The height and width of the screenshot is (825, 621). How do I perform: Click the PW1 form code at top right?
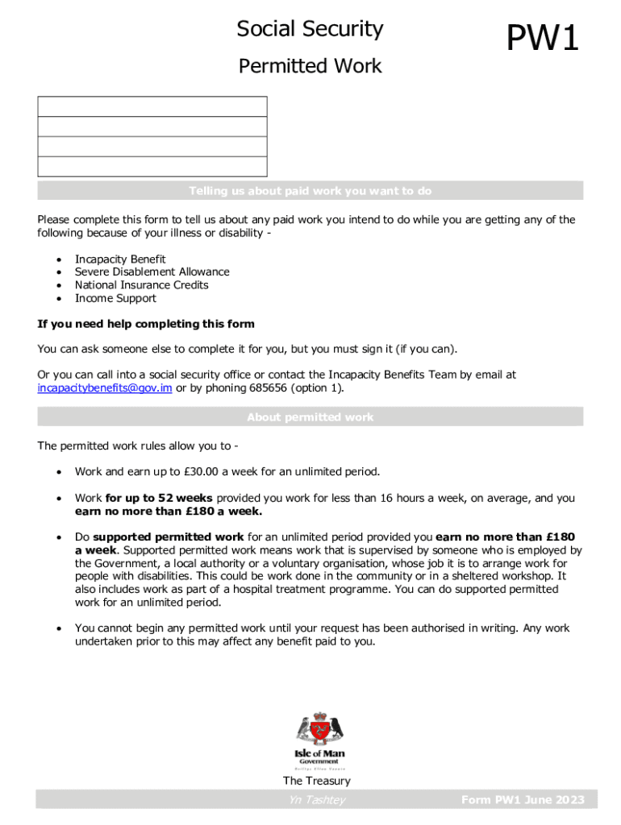coord(542,39)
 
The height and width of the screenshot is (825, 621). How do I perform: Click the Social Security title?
coord(310,30)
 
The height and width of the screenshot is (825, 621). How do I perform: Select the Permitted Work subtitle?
coord(310,66)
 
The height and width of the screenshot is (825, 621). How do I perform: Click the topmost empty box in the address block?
coord(152,106)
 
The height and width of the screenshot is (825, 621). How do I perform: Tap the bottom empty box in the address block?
coord(152,167)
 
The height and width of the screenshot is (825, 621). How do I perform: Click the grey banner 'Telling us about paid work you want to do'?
coord(310,191)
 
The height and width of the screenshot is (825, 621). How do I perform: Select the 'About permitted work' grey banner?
coord(310,417)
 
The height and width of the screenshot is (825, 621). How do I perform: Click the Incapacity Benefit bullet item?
coord(120,259)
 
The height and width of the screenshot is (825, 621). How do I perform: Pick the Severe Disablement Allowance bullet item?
coord(152,272)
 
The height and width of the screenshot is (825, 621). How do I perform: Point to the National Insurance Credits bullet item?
coord(141,285)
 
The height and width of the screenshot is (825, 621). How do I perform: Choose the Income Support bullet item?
coord(115,298)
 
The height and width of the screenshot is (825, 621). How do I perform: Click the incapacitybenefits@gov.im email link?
coord(105,388)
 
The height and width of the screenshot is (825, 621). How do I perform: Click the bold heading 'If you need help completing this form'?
coord(146,324)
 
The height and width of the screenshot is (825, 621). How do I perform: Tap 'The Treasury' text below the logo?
coord(316,781)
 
